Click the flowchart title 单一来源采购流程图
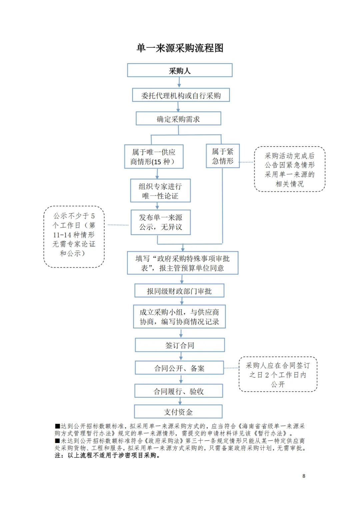click(x=180, y=48)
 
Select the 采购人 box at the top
click(x=180, y=71)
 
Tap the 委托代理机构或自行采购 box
click(x=181, y=95)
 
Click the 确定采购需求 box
click(x=178, y=119)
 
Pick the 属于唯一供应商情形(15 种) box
click(x=154, y=157)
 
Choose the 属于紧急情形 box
click(x=223, y=156)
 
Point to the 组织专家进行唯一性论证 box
click(x=160, y=191)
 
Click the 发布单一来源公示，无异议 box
click(x=161, y=222)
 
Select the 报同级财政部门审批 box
click(x=179, y=291)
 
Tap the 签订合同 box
click(x=180, y=345)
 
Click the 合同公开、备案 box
click(x=179, y=368)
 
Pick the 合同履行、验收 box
click(x=179, y=391)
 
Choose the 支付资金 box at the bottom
click(x=178, y=412)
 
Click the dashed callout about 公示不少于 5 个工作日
click(x=74, y=237)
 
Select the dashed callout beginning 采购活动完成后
click(x=290, y=169)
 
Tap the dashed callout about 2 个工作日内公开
click(x=278, y=374)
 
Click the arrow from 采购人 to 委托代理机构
click(x=179, y=83)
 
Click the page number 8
click(x=304, y=476)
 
